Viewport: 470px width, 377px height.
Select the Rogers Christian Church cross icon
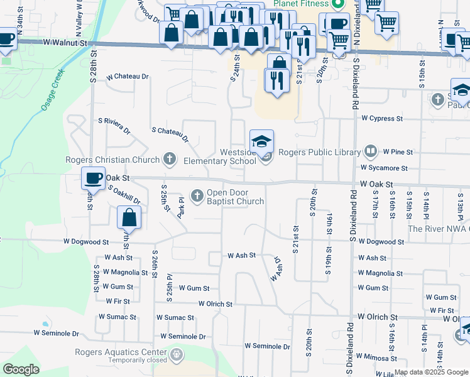(169, 159)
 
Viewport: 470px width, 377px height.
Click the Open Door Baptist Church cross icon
(197, 197)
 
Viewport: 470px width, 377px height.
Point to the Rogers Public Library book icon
(371, 151)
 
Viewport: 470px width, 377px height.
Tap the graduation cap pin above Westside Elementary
(262, 141)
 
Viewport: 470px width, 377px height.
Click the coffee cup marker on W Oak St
(93, 178)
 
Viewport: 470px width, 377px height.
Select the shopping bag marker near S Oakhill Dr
(129, 218)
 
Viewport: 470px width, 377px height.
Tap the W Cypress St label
(382, 118)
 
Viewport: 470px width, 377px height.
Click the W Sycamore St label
(384, 168)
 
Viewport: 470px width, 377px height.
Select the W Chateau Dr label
(128, 77)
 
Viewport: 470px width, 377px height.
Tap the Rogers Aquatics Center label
(120, 352)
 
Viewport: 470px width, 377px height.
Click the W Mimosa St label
(378, 358)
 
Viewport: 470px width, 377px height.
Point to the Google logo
(21, 369)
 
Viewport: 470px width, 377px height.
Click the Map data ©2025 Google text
(430, 373)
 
